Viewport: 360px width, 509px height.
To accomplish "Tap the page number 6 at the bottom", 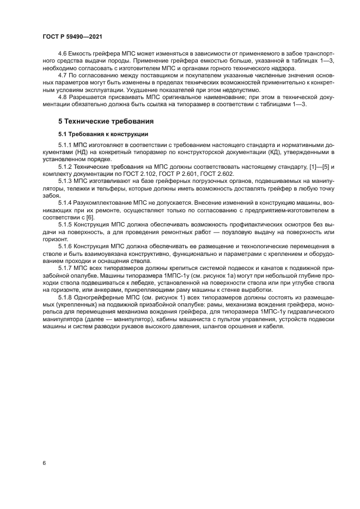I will (x=44, y=463).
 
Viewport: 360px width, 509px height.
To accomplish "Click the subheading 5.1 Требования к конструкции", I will (x=103, y=134).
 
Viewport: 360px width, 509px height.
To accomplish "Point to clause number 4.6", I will (x=63, y=54).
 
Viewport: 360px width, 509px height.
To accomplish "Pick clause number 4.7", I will (x=63, y=76).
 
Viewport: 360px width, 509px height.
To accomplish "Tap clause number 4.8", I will (x=63, y=97).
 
